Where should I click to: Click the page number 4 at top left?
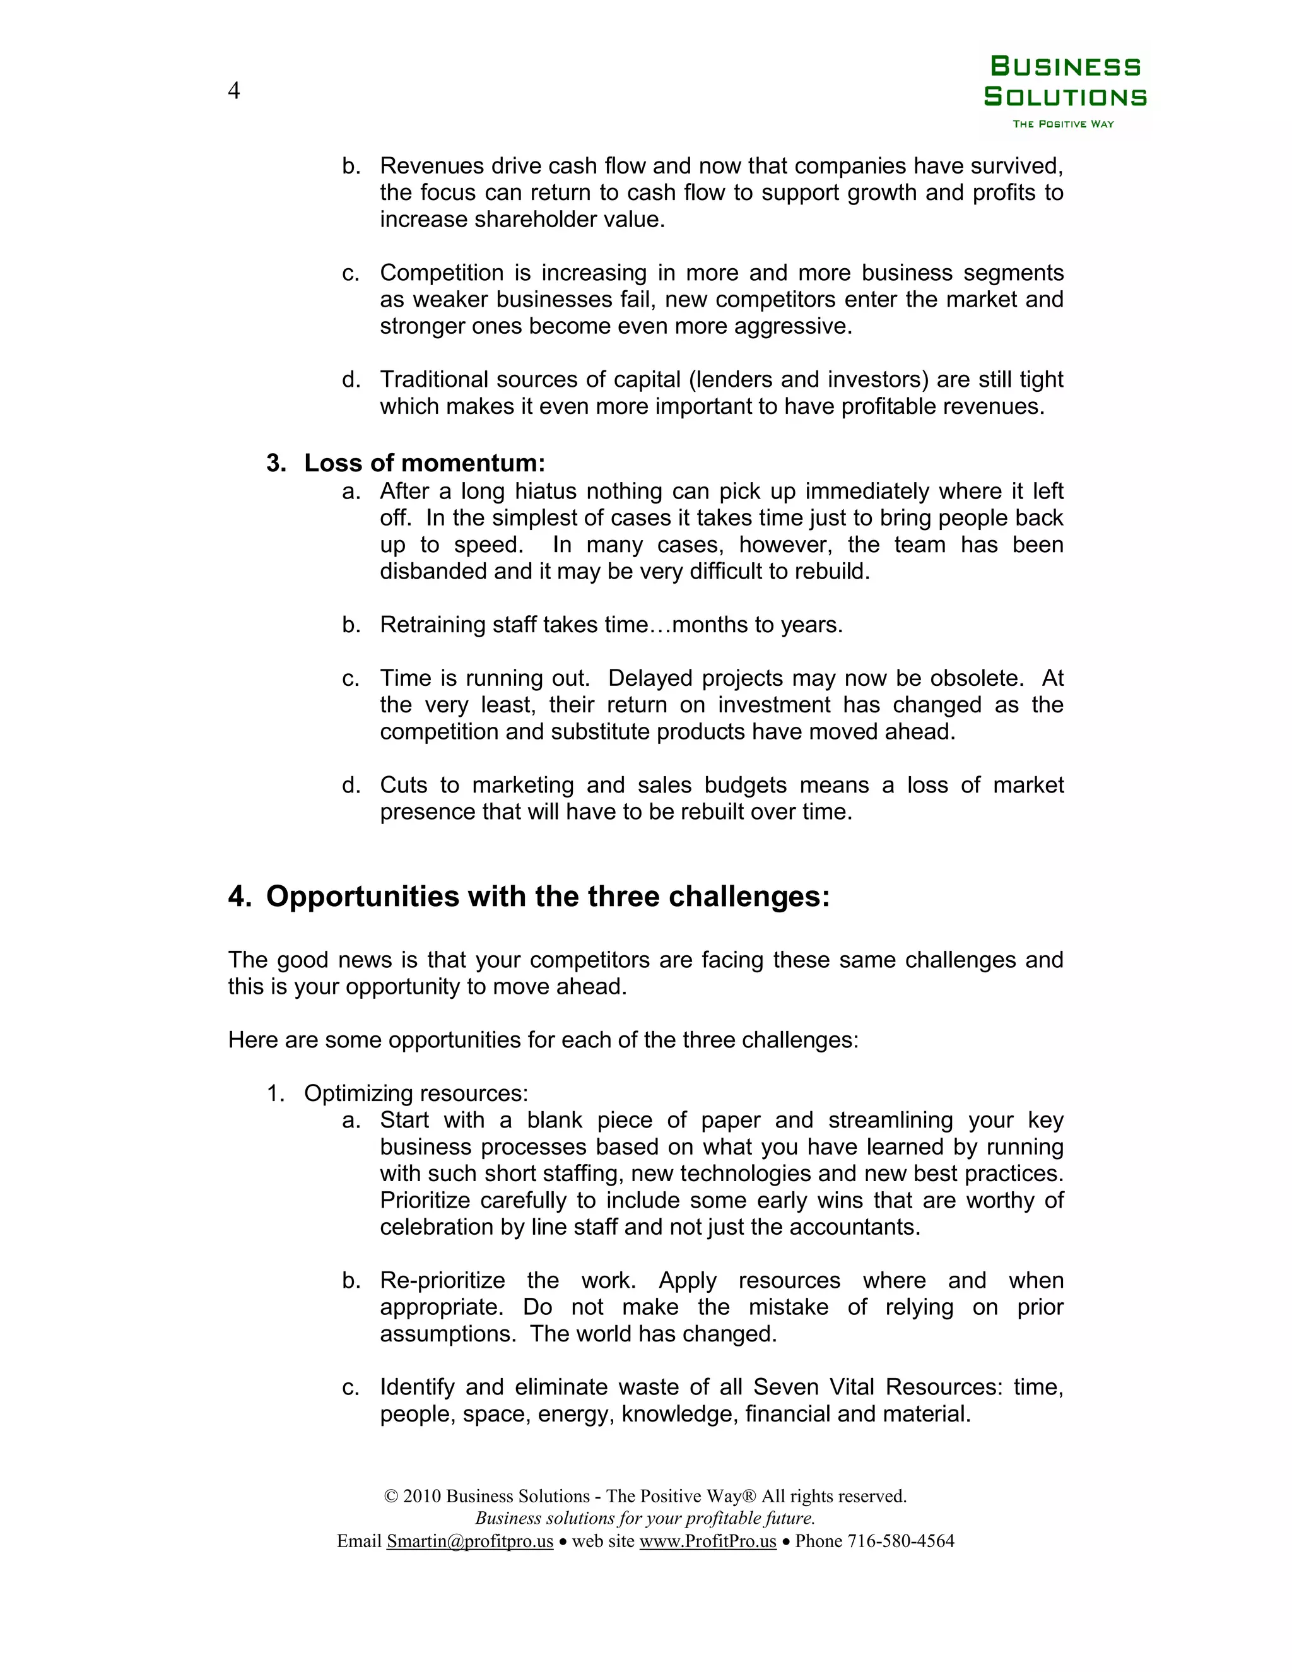point(234,91)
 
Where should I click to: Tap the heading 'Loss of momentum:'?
point(424,463)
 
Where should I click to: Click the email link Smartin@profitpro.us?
point(469,1541)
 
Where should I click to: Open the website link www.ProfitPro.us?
point(707,1541)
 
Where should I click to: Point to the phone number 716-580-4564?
point(900,1541)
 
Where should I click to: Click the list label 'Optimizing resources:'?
point(416,1093)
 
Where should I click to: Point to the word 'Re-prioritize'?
point(442,1281)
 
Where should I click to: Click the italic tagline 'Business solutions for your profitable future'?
point(645,1518)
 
